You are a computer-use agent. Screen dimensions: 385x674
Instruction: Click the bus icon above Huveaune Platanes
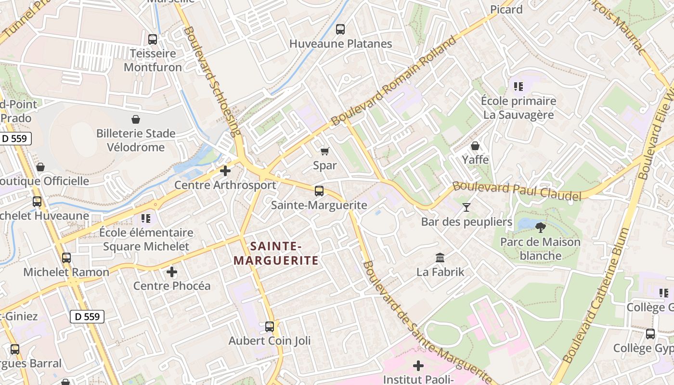340,29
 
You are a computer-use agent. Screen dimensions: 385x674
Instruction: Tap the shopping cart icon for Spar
325,152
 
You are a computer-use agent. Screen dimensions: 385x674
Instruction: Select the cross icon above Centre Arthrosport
225,171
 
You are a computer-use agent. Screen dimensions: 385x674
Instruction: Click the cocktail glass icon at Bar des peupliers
466,207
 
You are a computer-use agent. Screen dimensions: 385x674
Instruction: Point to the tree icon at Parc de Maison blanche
540,227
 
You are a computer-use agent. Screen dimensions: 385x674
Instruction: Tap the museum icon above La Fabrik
440,258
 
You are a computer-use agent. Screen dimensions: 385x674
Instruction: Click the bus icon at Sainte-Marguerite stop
319,191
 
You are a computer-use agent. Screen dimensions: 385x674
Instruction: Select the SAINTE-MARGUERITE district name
276,254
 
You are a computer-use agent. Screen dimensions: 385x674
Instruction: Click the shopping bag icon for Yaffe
475,145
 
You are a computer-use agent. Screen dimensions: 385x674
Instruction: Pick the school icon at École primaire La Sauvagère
518,87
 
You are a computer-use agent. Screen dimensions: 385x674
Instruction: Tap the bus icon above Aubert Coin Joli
270,327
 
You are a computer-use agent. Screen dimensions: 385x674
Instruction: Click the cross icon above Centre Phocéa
172,272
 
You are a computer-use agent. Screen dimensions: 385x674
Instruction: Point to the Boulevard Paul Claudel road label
517,191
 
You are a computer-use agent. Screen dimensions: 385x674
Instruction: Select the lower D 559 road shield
87,316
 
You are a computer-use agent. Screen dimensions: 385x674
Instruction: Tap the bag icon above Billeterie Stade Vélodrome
136,119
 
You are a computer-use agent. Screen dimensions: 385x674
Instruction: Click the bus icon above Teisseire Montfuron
153,39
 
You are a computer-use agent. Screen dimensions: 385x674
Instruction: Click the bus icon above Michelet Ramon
66,258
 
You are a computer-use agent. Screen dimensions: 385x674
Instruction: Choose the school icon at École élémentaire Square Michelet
146,218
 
